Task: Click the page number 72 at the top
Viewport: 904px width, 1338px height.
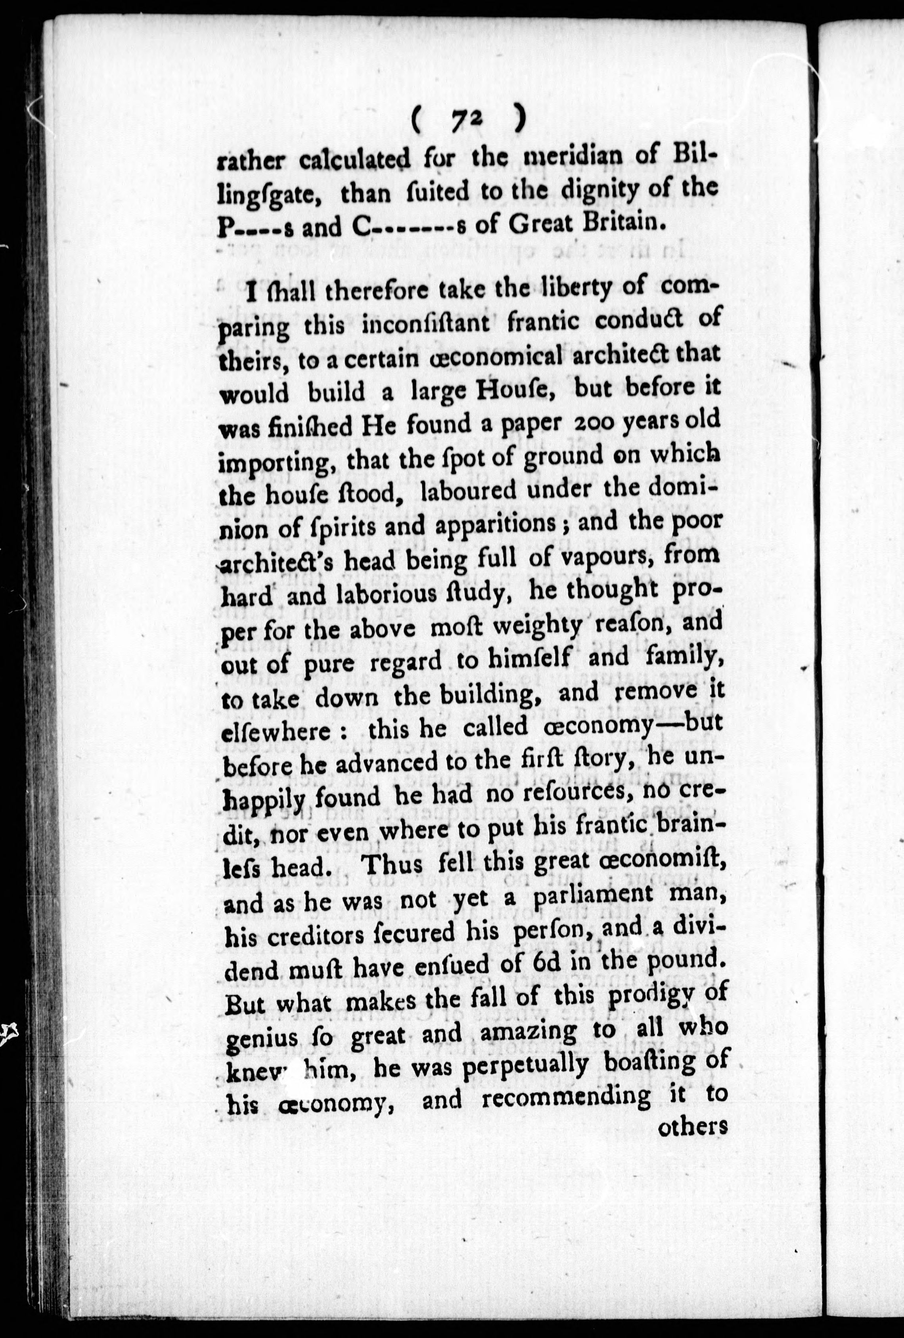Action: click(x=467, y=120)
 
